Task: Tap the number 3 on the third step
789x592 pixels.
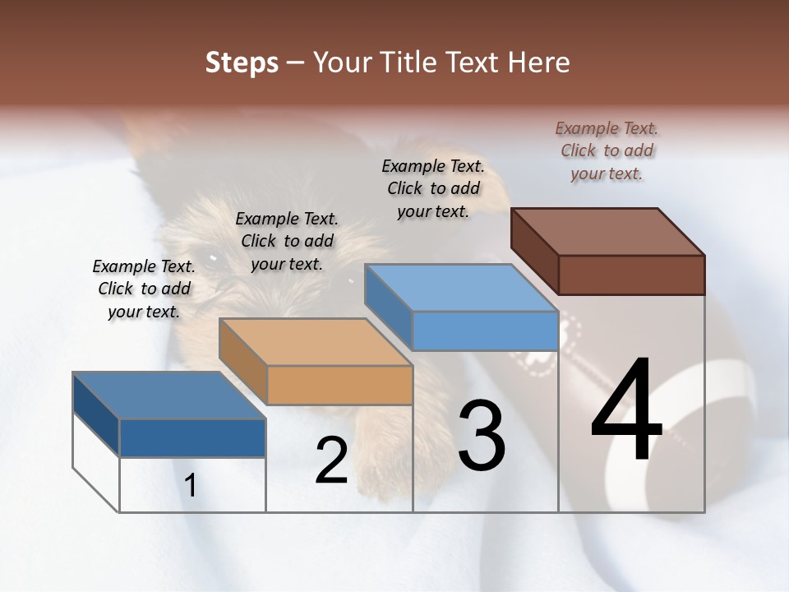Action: (x=481, y=436)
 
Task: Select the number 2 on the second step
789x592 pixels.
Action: (x=331, y=460)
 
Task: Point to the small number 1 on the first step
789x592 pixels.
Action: (x=191, y=486)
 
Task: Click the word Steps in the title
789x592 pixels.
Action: (x=242, y=62)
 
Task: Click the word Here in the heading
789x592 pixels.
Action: (x=540, y=62)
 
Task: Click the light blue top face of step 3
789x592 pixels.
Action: (x=461, y=288)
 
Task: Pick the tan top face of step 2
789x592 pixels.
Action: (x=315, y=342)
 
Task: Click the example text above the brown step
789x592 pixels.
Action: (x=607, y=151)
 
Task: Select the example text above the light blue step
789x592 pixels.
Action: (x=433, y=188)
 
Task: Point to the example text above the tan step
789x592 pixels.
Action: (x=287, y=241)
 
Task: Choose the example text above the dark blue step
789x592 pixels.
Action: (x=144, y=289)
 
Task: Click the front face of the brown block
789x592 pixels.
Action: (x=631, y=275)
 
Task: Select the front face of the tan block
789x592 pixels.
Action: (x=339, y=385)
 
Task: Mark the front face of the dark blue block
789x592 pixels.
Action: (x=192, y=437)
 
